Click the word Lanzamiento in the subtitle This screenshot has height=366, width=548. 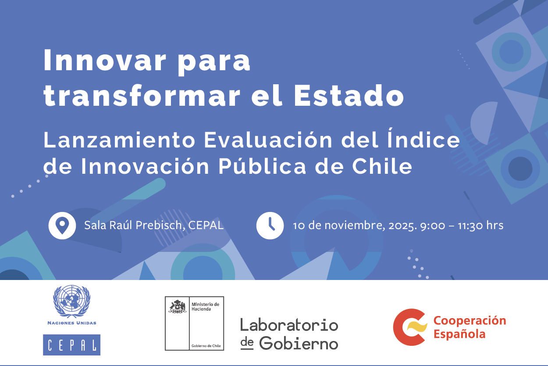[x=119, y=140]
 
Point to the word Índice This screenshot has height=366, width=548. [x=423, y=138]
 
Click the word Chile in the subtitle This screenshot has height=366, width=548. [x=382, y=166]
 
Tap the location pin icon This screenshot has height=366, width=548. [x=62, y=226]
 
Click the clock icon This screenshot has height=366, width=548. [x=270, y=226]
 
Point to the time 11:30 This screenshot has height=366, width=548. [x=471, y=226]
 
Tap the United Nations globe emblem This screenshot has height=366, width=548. [x=72, y=301]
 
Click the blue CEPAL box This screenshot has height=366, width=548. [x=72, y=344]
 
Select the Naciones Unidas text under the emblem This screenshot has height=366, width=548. [x=72, y=323]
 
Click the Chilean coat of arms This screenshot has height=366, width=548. [x=178, y=307]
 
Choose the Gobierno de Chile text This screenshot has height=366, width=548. [x=206, y=346]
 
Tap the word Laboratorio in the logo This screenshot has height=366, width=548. [x=289, y=325]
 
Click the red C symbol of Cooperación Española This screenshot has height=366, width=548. [x=409, y=327]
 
